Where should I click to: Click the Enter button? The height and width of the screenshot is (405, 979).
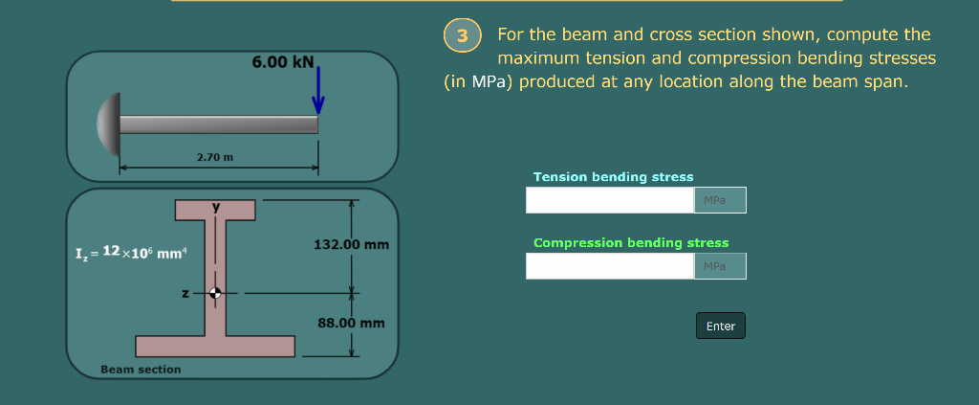(x=720, y=326)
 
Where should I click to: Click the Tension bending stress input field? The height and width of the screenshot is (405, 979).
(x=609, y=200)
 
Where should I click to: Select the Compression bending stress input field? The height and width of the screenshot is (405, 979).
(x=609, y=266)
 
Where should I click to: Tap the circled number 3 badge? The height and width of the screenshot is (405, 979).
(x=463, y=36)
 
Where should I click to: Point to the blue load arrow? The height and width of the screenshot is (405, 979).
(x=318, y=91)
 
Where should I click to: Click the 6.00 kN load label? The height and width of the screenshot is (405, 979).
(x=282, y=61)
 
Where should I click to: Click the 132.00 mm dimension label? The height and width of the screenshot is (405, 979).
(x=351, y=244)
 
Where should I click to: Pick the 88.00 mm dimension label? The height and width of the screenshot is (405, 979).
(x=351, y=323)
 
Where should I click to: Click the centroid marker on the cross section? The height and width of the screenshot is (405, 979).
(x=216, y=293)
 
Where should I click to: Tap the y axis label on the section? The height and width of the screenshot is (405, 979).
(x=216, y=206)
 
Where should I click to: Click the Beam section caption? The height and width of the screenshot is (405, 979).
(x=141, y=370)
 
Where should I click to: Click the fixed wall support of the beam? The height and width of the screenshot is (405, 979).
(x=109, y=124)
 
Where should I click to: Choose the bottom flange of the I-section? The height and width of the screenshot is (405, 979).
(x=215, y=346)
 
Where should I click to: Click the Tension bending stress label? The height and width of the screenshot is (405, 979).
(x=613, y=177)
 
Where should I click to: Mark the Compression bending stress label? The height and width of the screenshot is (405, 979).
(x=630, y=243)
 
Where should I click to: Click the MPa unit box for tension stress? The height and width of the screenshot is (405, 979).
(x=719, y=200)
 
